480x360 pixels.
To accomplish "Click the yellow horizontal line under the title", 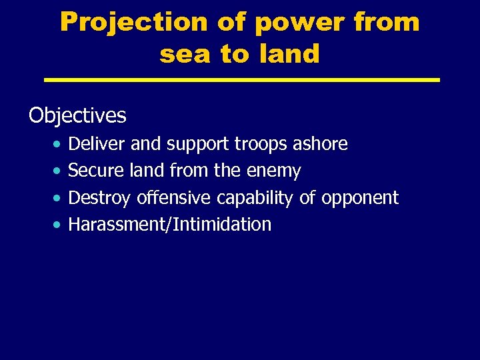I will click(241, 80).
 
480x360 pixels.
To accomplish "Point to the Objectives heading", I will click(77, 116).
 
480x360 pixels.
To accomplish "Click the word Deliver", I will click(97, 144).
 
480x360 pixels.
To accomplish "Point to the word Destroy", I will click(100, 198).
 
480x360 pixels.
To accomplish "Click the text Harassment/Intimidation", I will click(170, 225).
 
